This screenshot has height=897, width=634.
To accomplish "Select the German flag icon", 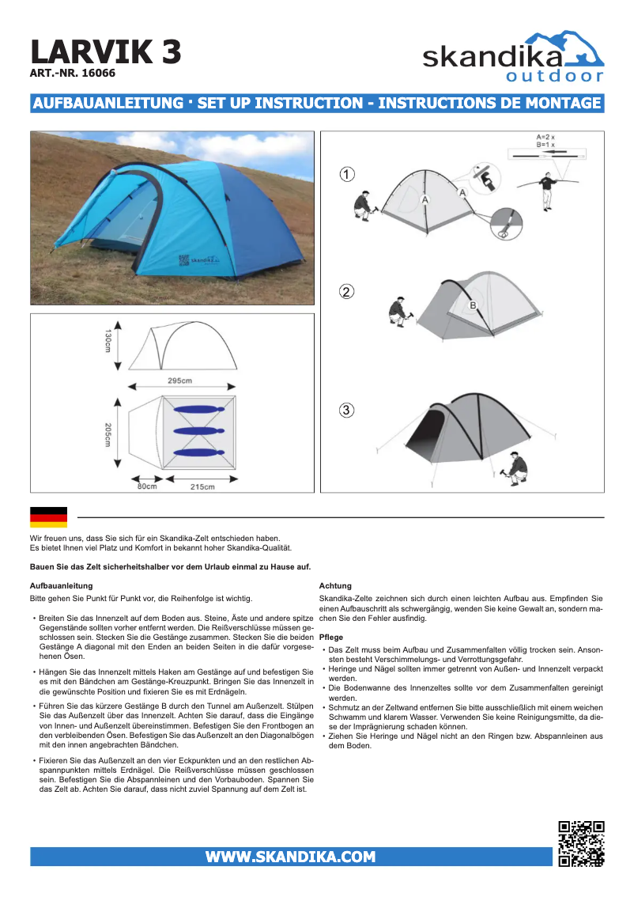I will point(48,517).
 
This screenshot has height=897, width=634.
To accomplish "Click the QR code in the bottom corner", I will point(581,844).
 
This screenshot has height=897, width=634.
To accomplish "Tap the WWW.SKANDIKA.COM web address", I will point(290,857).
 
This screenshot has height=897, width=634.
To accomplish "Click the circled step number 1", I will point(346,174).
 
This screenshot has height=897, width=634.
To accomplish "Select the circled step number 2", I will point(346,292).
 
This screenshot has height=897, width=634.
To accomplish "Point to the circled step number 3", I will point(346,410).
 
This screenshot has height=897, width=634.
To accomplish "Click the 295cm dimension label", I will point(179,380).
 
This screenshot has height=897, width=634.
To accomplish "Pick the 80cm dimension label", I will point(146,486).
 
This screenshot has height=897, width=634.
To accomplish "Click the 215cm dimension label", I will point(202,486).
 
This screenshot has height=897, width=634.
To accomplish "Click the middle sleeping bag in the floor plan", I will point(196,431).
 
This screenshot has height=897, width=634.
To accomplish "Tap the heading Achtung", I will point(334,586).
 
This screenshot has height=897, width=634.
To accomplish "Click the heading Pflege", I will point(330,638).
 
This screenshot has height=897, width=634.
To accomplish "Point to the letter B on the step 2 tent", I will point(473,305).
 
